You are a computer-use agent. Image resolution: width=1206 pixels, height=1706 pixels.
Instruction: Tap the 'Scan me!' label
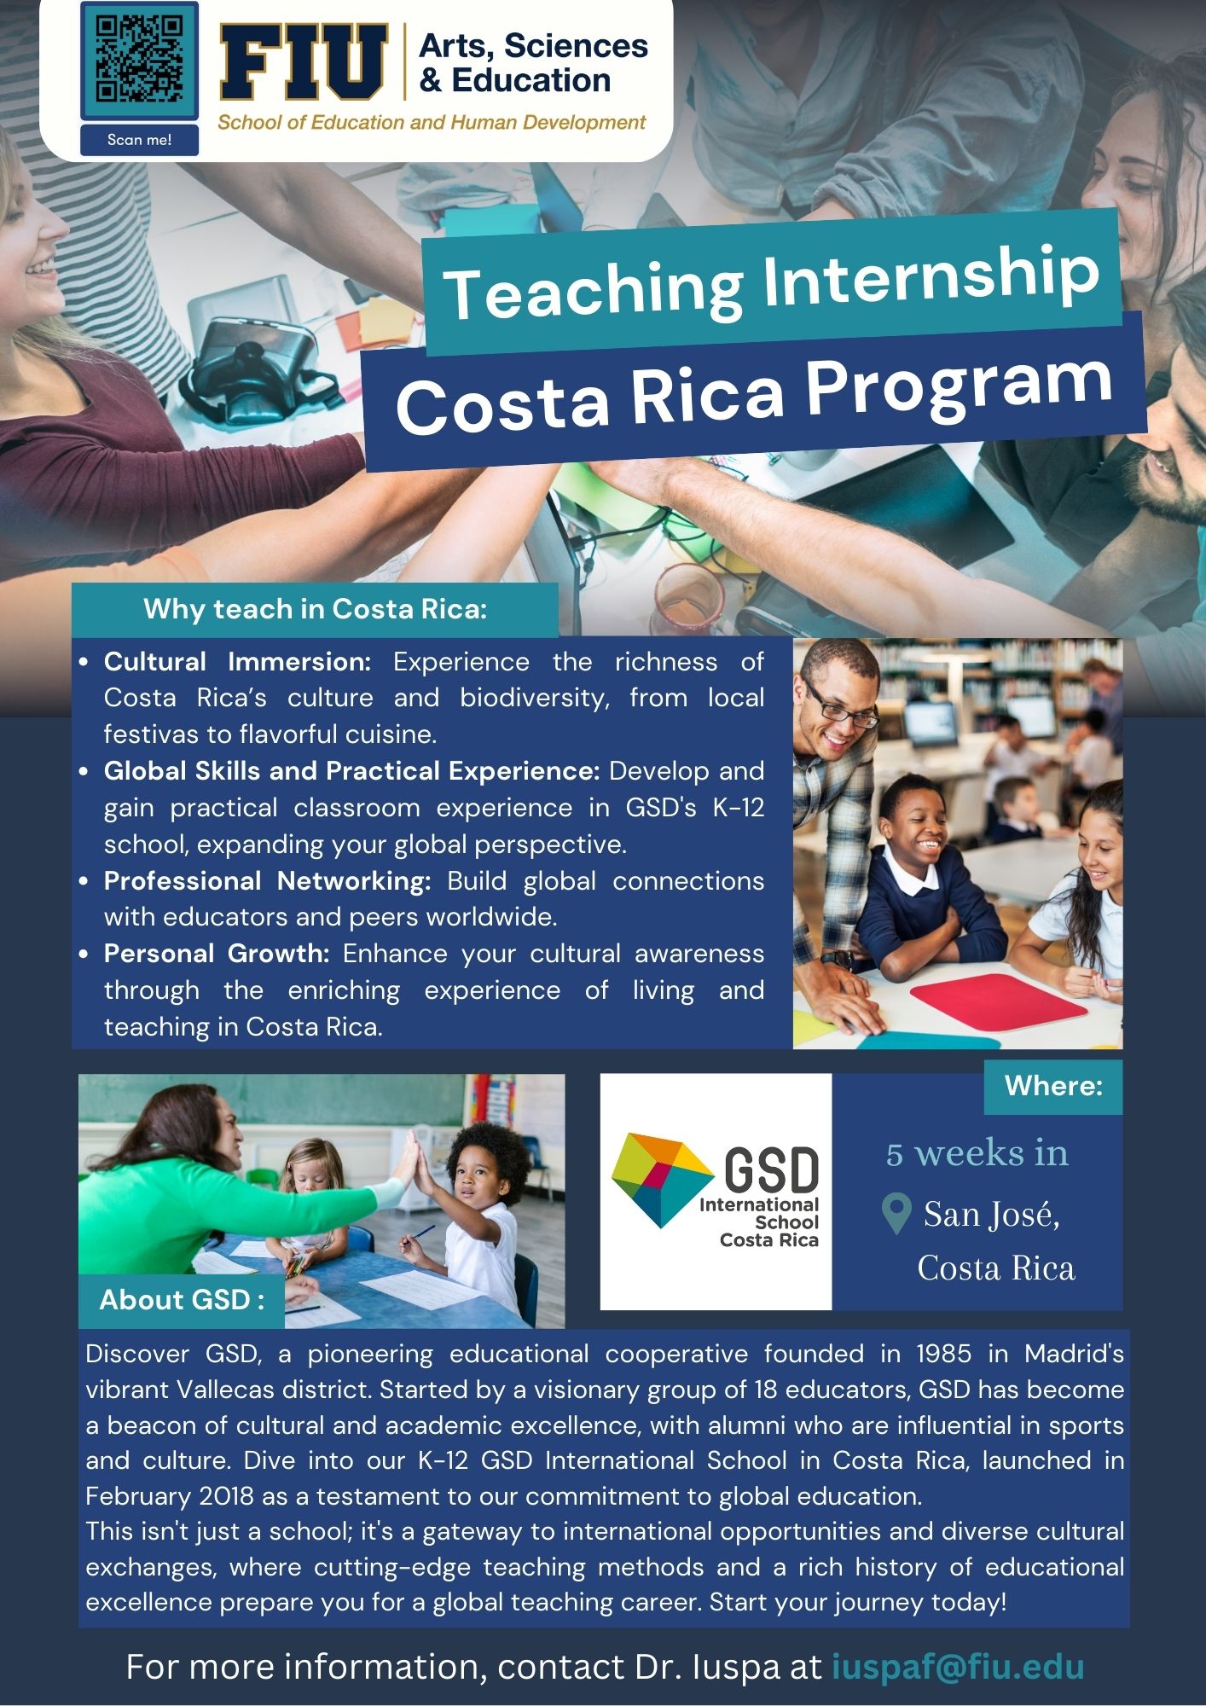point(139,140)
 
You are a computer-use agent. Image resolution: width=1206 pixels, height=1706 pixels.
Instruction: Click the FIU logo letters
point(304,62)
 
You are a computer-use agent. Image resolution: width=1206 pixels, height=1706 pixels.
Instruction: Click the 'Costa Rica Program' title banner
point(754,391)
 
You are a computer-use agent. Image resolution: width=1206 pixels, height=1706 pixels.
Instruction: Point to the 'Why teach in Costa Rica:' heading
point(315,609)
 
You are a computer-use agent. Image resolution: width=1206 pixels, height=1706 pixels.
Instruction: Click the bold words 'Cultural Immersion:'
point(237,662)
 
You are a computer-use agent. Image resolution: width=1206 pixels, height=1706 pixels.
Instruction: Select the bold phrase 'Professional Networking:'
point(267,881)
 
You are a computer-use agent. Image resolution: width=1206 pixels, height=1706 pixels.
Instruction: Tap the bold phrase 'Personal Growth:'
point(217,954)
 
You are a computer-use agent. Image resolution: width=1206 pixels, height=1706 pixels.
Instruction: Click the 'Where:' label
point(1053,1086)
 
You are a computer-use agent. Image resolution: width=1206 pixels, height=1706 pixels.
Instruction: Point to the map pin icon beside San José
point(896,1214)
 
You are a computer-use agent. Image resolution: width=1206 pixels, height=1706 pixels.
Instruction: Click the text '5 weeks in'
point(977,1153)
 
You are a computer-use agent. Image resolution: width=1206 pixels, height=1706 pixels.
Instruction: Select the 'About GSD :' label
point(181,1299)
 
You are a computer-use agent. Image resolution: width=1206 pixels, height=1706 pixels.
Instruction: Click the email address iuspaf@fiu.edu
point(958,1667)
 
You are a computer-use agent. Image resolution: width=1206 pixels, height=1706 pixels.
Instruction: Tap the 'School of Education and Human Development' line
point(432,123)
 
